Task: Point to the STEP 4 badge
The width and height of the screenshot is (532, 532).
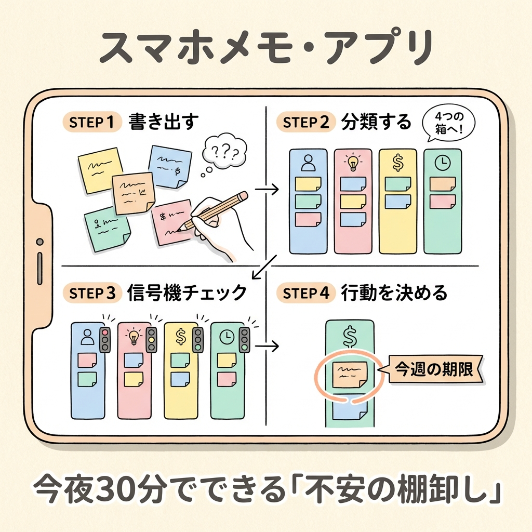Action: (306, 293)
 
